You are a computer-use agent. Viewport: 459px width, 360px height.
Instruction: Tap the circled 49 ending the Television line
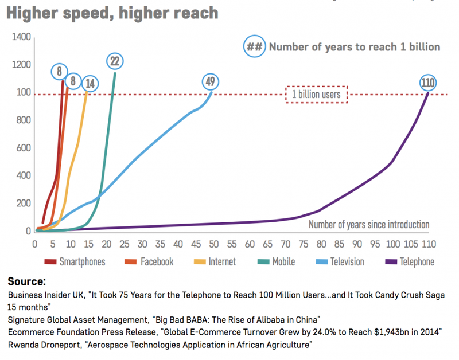pyautogui.click(x=210, y=82)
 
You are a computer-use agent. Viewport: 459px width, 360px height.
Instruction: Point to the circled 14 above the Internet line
pyautogui.click(x=90, y=83)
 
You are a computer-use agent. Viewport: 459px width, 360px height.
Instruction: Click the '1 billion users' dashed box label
pyautogui.click(x=317, y=95)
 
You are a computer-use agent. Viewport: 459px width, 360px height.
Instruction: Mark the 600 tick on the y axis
pyautogui.click(x=22, y=148)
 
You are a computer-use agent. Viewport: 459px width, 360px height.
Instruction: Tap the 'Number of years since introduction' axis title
pyautogui.click(x=369, y=225)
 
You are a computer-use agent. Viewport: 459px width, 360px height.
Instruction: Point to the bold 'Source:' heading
pyautogui.click(x=27, y=282)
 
